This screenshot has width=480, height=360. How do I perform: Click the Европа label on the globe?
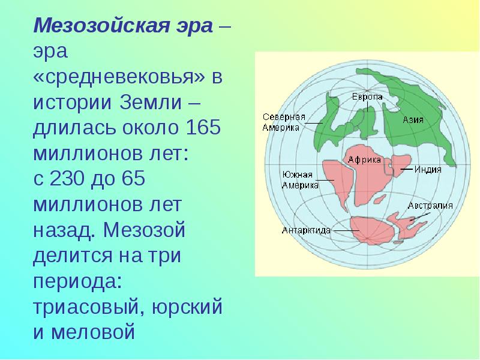pos(364,97)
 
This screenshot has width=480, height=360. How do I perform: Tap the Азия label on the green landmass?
pos(413,120)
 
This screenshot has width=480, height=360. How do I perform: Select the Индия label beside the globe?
pos(430,169)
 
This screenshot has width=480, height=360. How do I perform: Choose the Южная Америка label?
pos(299,179)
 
